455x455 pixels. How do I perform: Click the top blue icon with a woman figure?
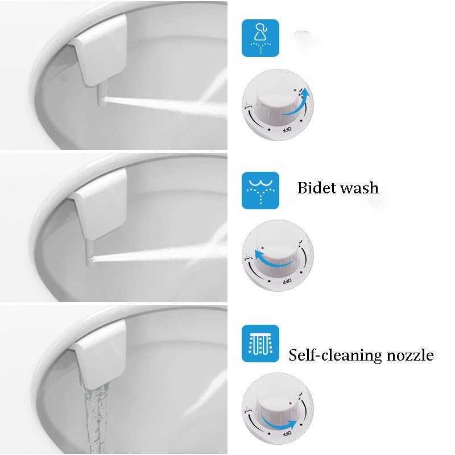coord(260,38)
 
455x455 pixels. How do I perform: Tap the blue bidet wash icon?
coord(260,190)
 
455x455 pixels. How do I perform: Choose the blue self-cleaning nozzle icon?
coord(260,344)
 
